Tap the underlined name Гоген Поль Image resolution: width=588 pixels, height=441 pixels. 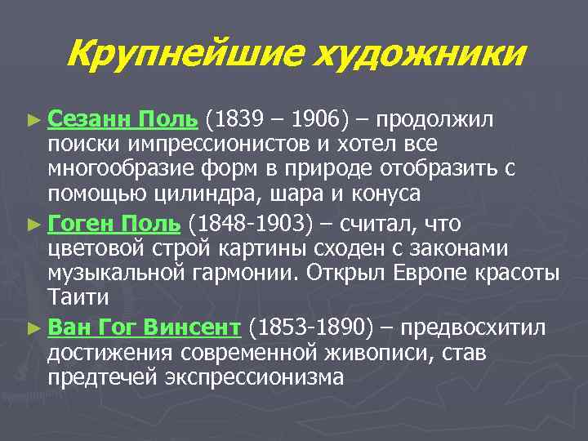click(x=114, y=223)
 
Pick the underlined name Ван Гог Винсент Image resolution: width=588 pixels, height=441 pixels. click(x=144, y=327)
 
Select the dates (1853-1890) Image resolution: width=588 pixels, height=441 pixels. click(x=311, y=327)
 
